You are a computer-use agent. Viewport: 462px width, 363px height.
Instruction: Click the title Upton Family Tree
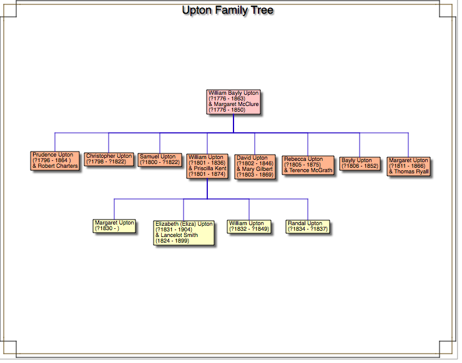pos(227,11)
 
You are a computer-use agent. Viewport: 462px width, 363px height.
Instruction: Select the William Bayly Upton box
pos(233,102)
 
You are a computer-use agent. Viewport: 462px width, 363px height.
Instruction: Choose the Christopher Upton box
pos(109,159)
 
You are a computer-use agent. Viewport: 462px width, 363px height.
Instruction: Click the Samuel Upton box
pos(159,159)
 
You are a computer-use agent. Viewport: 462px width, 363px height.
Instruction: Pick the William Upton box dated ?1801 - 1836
pos(207,166)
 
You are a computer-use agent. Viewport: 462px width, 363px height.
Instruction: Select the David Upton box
pos(255,166)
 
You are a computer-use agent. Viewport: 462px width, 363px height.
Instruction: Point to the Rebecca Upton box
pos(308,165)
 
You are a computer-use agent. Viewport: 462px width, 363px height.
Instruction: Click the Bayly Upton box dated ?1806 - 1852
pos(360,163)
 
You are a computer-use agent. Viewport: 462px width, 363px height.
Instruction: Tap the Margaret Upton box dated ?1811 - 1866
pos(408,166)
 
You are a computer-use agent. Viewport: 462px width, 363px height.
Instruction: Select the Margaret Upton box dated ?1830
pos(114,226)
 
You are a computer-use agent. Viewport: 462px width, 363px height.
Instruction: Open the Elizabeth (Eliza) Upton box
pos(184,232)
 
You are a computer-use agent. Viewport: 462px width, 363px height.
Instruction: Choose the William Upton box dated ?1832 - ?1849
pos(248,226)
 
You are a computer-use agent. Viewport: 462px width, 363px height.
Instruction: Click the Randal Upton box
pos(307,226)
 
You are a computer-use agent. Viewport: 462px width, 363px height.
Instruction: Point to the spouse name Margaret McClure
pos(236,104)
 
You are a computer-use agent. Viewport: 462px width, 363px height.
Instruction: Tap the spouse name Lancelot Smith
pos(179,235)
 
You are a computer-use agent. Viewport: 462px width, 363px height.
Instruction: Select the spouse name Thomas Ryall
pos(411,172)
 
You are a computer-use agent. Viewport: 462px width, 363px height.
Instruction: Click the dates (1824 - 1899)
pos(172,241)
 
